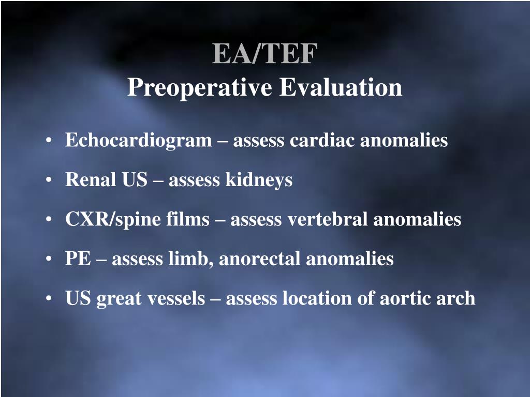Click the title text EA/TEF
264,54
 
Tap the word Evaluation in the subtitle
341,87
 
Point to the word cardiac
322,140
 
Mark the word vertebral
328,219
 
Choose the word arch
456,298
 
